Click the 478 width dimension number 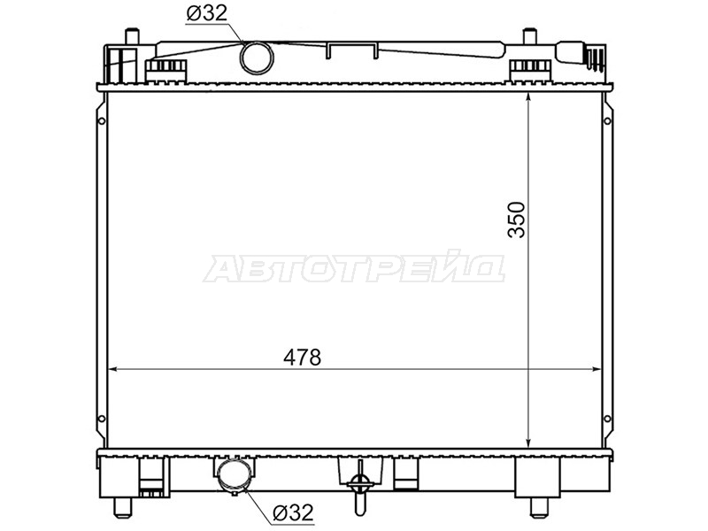302,357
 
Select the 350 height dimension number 517,219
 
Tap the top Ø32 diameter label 207,13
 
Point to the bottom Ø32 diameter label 293,512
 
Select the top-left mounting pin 130,36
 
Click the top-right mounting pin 528,36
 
